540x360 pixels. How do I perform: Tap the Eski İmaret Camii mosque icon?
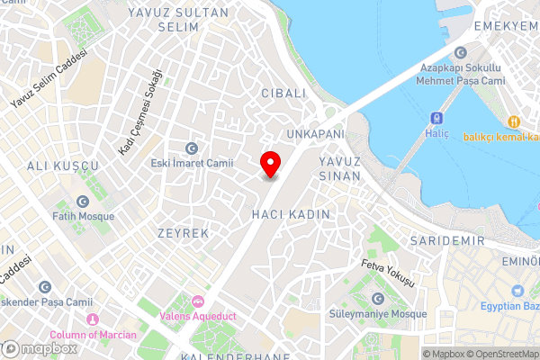click(191, 148)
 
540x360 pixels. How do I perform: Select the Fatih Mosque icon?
click(83, 202)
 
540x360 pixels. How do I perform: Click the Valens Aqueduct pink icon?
click(198, 300)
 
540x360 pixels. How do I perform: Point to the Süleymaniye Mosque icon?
click(376, 299)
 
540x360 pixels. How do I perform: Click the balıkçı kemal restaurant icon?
click(513, 121)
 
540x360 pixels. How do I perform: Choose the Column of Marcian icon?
click(91, 319)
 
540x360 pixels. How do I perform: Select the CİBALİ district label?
click(283, 93)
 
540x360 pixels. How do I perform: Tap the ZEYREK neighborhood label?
click(184, 232)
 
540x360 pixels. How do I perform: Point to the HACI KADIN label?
click(292, 214)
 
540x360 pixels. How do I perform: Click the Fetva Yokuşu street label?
click(387, 272)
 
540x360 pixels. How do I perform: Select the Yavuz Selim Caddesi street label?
click(49, 79)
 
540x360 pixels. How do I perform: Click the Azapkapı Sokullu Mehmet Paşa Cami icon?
click(462, 53)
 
